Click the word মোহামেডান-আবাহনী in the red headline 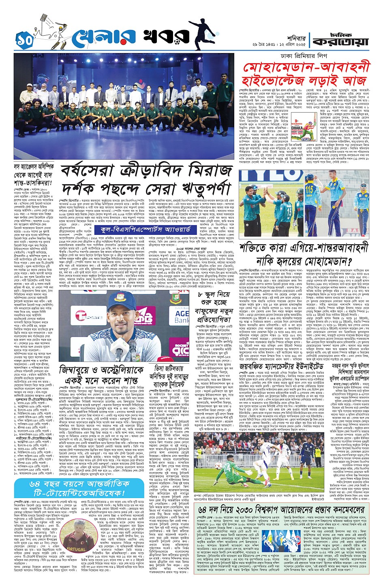coord(308,68)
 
